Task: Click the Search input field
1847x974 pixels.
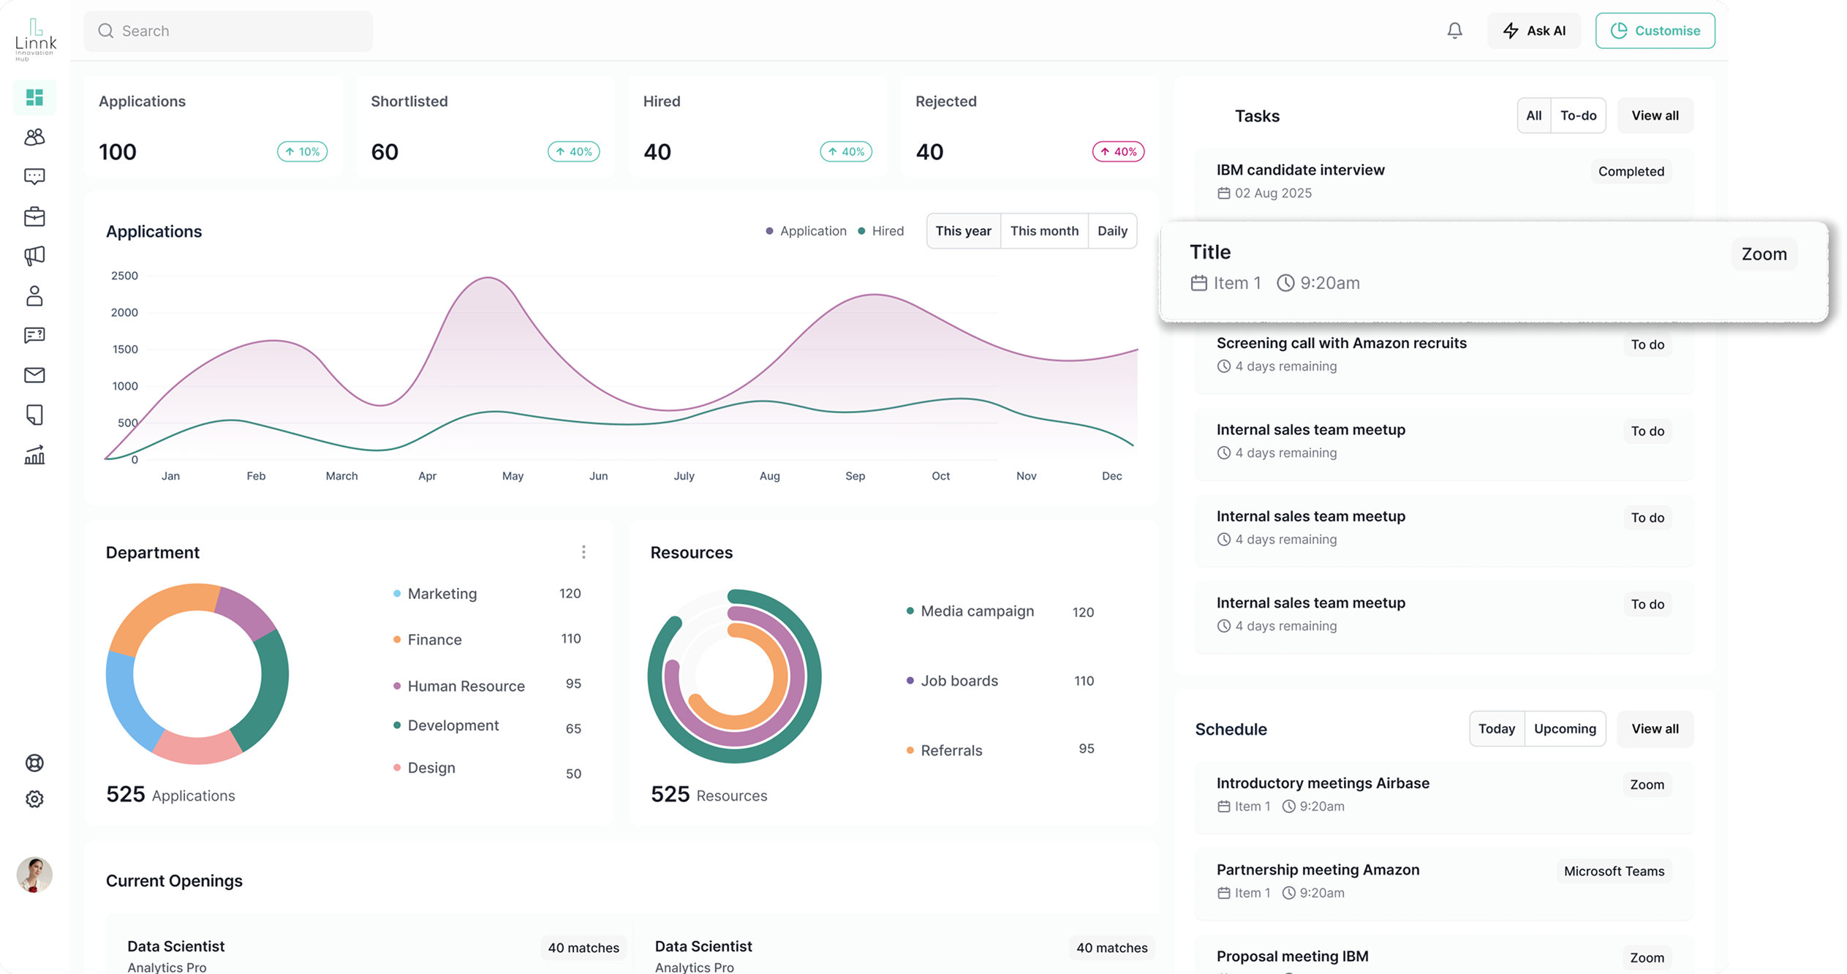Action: tap(228, 31)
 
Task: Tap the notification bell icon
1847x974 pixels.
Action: tap(1454, 31)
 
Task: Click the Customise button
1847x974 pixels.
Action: tap(1655, 31)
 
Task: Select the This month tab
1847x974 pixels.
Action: tap(1043, 231)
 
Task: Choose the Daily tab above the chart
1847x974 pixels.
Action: tap(1111, 231)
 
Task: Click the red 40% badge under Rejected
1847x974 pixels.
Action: tap(1117, 152)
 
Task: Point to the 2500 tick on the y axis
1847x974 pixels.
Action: tap(124, 276)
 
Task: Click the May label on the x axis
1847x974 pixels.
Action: tap(513, 476)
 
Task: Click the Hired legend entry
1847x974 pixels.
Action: tap(881, 231)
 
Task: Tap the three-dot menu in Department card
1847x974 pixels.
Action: tap(583, 552)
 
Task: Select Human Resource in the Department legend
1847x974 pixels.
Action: tap(465, 686)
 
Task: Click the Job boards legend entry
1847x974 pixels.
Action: tap(958, 681)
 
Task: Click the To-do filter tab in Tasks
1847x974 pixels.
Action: tap(1578, 116)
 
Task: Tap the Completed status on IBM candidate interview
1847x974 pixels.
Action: tap(1631, 171)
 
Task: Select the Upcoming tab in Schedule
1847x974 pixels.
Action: tap(1564, 729)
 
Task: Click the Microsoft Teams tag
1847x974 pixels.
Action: tap(1614, 871)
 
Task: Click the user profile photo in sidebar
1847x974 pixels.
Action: tap(34, 875)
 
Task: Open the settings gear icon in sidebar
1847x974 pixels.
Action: tap(34, 799)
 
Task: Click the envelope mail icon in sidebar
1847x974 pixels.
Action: tap(34, 375)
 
